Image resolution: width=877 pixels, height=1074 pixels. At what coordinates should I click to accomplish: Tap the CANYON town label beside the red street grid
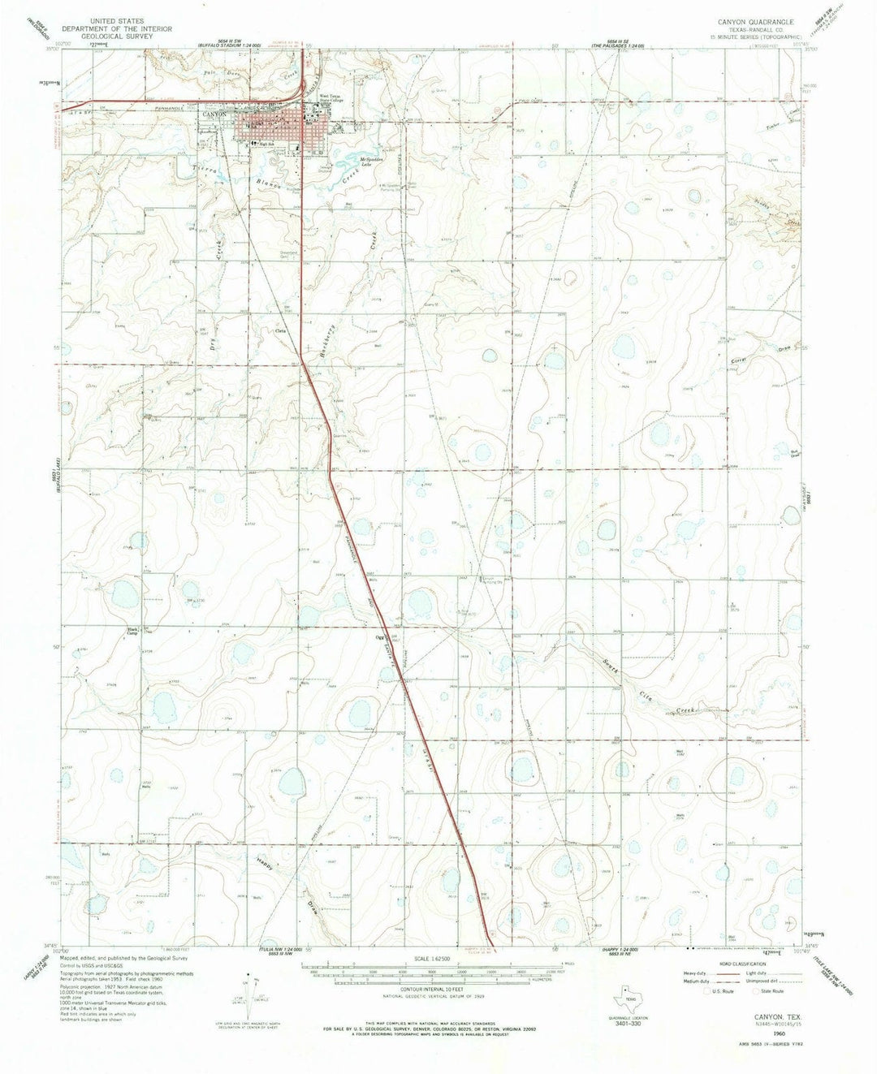215,114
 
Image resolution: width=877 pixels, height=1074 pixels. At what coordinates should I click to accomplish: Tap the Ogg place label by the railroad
378,636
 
